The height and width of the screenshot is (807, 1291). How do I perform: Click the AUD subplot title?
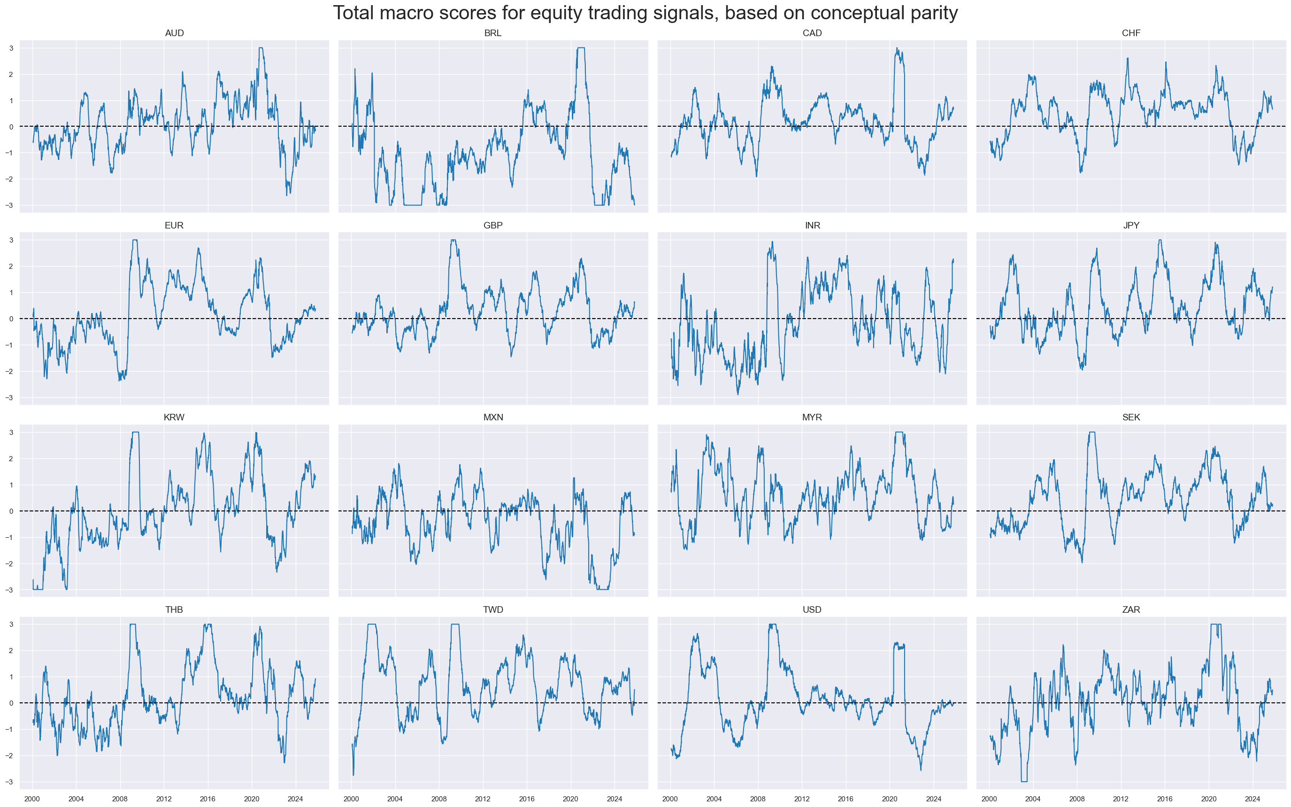pyautogui.click(x=174, y=33)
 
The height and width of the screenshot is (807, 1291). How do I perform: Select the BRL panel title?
pyautogui.click(x=492, y=33)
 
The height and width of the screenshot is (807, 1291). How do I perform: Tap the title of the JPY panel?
pyautogui.click(x=1131, y=225)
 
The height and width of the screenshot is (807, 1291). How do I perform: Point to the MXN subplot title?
pyautogui.click(x=493, y=418)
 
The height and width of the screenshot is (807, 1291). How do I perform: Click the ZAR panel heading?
pyautogui.click(x=1131, y=609)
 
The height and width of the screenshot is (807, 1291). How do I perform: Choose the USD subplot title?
pyautogui.click(x=812, y=609)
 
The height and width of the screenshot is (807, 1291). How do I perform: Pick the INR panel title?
pyautogui.click(x=812, y=225)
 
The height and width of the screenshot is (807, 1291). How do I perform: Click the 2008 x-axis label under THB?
pyautogui.click(x=120, y=799)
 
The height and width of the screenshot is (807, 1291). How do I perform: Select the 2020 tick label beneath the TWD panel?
pyautogui.click(x=570, y=799)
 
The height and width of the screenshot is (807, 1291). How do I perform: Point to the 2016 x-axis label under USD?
pyautogui.click(x=845, y=799)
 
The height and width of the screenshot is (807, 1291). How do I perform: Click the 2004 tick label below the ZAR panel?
pyautogui.click(x=1033, y=799)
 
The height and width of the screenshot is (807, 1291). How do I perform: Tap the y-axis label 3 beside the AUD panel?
pyautogui.click(x=11, y=48)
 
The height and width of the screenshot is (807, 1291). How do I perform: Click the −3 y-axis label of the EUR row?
pyautogui.click(x=9, y=397)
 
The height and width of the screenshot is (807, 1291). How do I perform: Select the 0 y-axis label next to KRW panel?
pyautogui.click(x=11, y=511)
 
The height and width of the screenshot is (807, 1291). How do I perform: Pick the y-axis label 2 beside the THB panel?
pyautogui.click(x=11, y=651)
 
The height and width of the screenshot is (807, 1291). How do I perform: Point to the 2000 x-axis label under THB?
pyautogui.click(x=32, y=799)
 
